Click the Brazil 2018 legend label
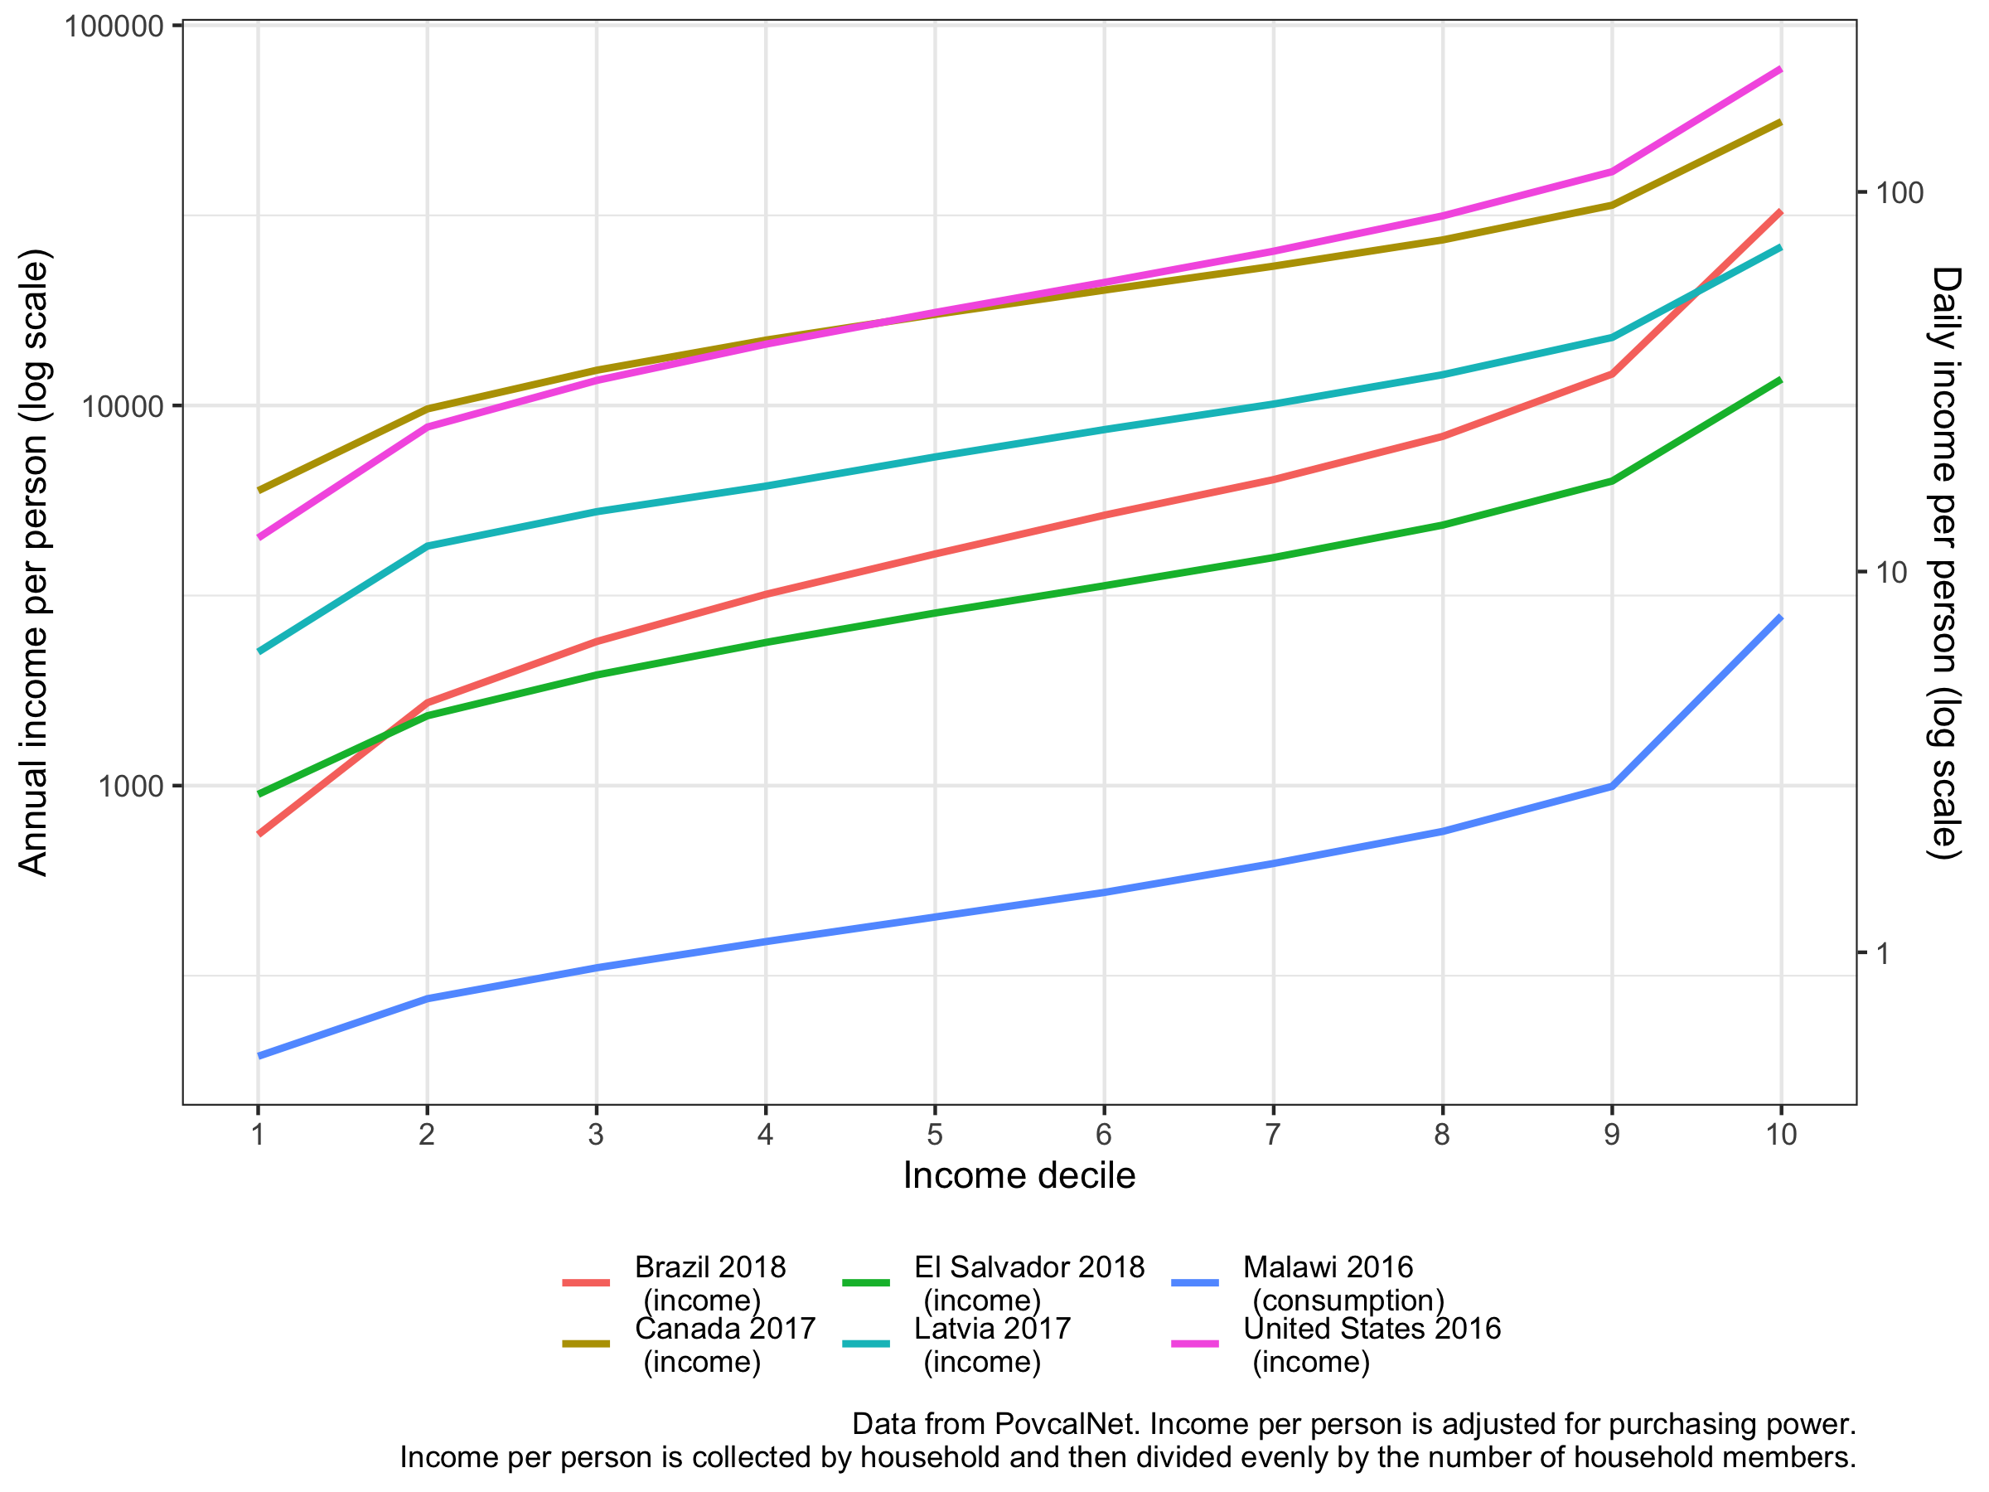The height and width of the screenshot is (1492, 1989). pyautogui.click(x=709, y=1282)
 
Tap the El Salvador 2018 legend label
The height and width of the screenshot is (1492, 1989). pyautogui.click(x=1028, y=1282)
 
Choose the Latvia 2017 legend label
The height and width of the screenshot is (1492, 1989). pyautogui.click(x=992, y=1344)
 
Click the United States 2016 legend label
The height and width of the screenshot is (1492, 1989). pyautogui.click(x=1372, y=1344)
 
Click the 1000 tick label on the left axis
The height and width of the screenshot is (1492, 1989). pyautogui.click(x=131, y=787)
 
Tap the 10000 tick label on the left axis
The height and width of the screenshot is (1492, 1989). pyautogui.click(x=123, y=406)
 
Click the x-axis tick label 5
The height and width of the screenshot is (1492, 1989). pyautogui.click(x=934, y=1135)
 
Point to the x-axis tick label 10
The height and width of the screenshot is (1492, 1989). pyautogui.click(x=1780, y=1135)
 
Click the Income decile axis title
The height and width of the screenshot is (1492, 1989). pyautogui.click(x=1019, y=1176)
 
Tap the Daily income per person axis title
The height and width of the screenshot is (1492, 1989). pyautogui.click(x=1945, y=563)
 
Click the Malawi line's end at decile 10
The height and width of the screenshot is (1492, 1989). pyautogui.click(x=1780, y=618)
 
